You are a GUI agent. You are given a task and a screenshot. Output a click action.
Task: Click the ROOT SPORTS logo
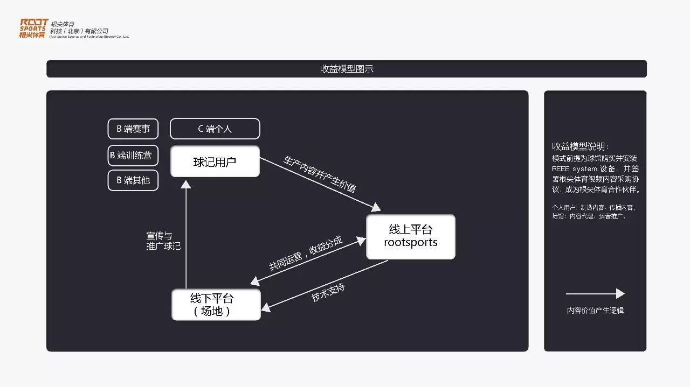(x=32, y=28)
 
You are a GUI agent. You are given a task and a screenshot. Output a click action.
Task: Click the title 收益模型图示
(x=347, y=69)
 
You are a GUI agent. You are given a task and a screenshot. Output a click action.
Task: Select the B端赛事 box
(x=133, y=129)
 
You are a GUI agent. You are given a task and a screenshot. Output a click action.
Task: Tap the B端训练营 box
(x=133, y=155)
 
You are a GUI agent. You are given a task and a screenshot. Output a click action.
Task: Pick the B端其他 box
(x=133, y=180)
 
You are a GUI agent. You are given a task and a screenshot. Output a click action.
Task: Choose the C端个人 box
(x=215, y=129)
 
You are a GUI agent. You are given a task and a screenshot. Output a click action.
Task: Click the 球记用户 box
(x=215, y=161)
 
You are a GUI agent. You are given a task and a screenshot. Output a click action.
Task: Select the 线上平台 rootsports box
(x=410, y=236)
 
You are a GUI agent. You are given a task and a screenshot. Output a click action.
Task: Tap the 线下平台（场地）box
(x=216, y=305)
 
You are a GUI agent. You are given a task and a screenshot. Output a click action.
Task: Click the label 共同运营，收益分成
(x=306, y=253)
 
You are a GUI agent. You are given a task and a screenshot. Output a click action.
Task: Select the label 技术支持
(x=328, y=291)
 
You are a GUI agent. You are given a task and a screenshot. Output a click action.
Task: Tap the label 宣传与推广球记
(x=163, y=241)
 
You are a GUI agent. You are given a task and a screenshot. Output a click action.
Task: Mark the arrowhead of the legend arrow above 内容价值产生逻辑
(x=620, y=293)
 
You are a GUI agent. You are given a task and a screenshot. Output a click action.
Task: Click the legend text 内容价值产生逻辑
(x=595, y=311)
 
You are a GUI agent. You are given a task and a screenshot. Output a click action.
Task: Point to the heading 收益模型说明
(x=580, y=146)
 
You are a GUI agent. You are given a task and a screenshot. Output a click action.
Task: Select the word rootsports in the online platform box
(x=410, y=242)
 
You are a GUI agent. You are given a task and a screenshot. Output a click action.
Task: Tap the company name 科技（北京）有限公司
(x=79, y=31)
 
